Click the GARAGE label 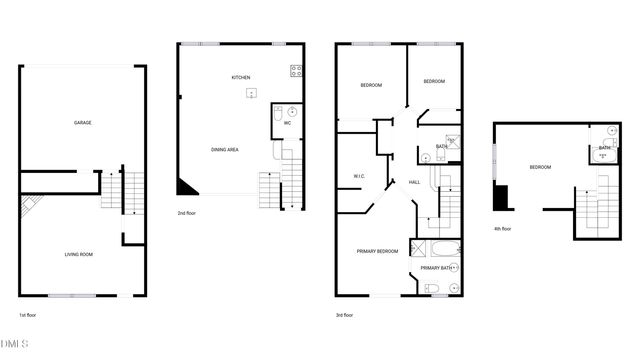[x=82, y=123]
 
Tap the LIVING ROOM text [x=79, y=255]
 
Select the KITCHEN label [x=241, y=77]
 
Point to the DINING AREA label [x=224, y=149]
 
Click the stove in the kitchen [x=296, y=70]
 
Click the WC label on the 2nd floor [x=287, y=123]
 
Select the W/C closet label [x=358, y=177]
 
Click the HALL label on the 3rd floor [x=414, y=182]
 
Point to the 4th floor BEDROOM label [x=540, y=167]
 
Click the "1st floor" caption [x=28, y=316]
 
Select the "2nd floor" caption [x=186, y=213]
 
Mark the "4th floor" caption [x=502, y=229]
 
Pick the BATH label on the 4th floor [x=604, y=148]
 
